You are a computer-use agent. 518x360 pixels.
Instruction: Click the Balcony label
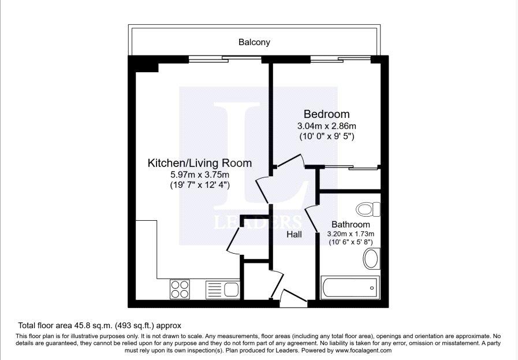[254, 42]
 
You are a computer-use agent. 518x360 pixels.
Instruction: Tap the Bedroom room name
[326, 114]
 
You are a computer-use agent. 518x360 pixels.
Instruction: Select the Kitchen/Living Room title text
[200, 163]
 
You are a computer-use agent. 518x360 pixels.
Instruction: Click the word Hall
[294, 235]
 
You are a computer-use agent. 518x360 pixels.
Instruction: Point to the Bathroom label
[351, 224]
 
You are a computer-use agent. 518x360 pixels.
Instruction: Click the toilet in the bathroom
[368, 209]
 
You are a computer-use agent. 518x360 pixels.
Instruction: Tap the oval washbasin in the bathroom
[372, 258]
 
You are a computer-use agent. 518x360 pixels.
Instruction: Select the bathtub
[350, 287]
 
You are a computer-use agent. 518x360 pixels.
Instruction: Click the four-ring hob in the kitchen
[180, 290]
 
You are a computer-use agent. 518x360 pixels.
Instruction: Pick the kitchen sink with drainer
[222, 290]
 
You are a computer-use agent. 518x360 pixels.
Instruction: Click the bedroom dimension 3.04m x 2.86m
[326, 126]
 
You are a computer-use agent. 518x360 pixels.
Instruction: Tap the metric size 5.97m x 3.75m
[200, 175]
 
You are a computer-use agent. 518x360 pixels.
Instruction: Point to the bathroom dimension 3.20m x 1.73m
[351, 233]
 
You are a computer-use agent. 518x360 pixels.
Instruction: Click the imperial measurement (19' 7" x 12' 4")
[200, 185]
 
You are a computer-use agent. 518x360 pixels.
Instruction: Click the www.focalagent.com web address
[363, 350]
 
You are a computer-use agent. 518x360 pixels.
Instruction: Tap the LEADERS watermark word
[258, 222]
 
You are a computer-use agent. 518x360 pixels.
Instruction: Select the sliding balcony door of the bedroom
[341, 60]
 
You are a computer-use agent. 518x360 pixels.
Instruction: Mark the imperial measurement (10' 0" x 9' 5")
[327, 136]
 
